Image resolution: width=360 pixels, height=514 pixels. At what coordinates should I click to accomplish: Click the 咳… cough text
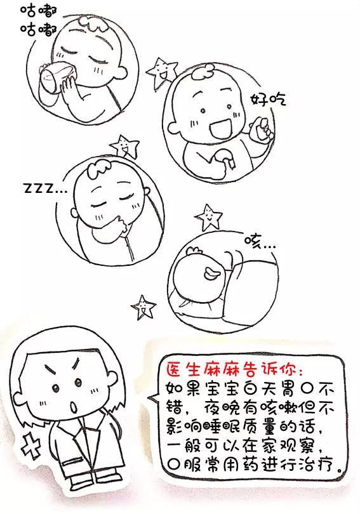[x=260, y=242]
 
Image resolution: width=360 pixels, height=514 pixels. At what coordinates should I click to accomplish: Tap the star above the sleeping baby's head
[x=124, y=145]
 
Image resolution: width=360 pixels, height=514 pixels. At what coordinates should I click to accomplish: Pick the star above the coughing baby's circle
[x=208, y=217]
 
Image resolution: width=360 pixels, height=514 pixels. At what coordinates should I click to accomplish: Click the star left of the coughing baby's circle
[x=143, y=308]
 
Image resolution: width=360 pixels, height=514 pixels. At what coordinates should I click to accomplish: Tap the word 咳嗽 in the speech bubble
[x=279, y=407]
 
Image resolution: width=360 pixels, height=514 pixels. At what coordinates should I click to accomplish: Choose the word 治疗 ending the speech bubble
[x=318, y=465]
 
